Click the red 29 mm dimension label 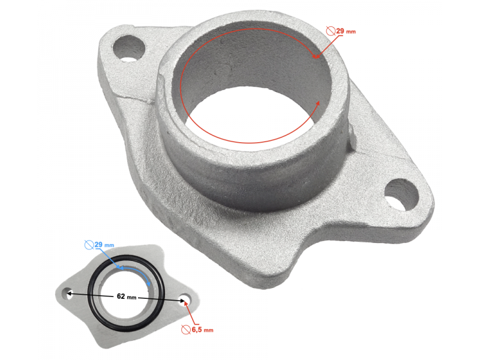[x=346, y=31]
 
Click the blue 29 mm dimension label [x=104, y=245]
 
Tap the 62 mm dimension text [x=127, y=296]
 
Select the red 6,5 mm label [x=202, y=330]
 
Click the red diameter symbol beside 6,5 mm [x=186, y=329]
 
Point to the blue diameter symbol [x=89, y=245]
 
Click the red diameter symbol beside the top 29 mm [x=331, y=31]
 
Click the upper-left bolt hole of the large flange [x=128, y=49]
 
